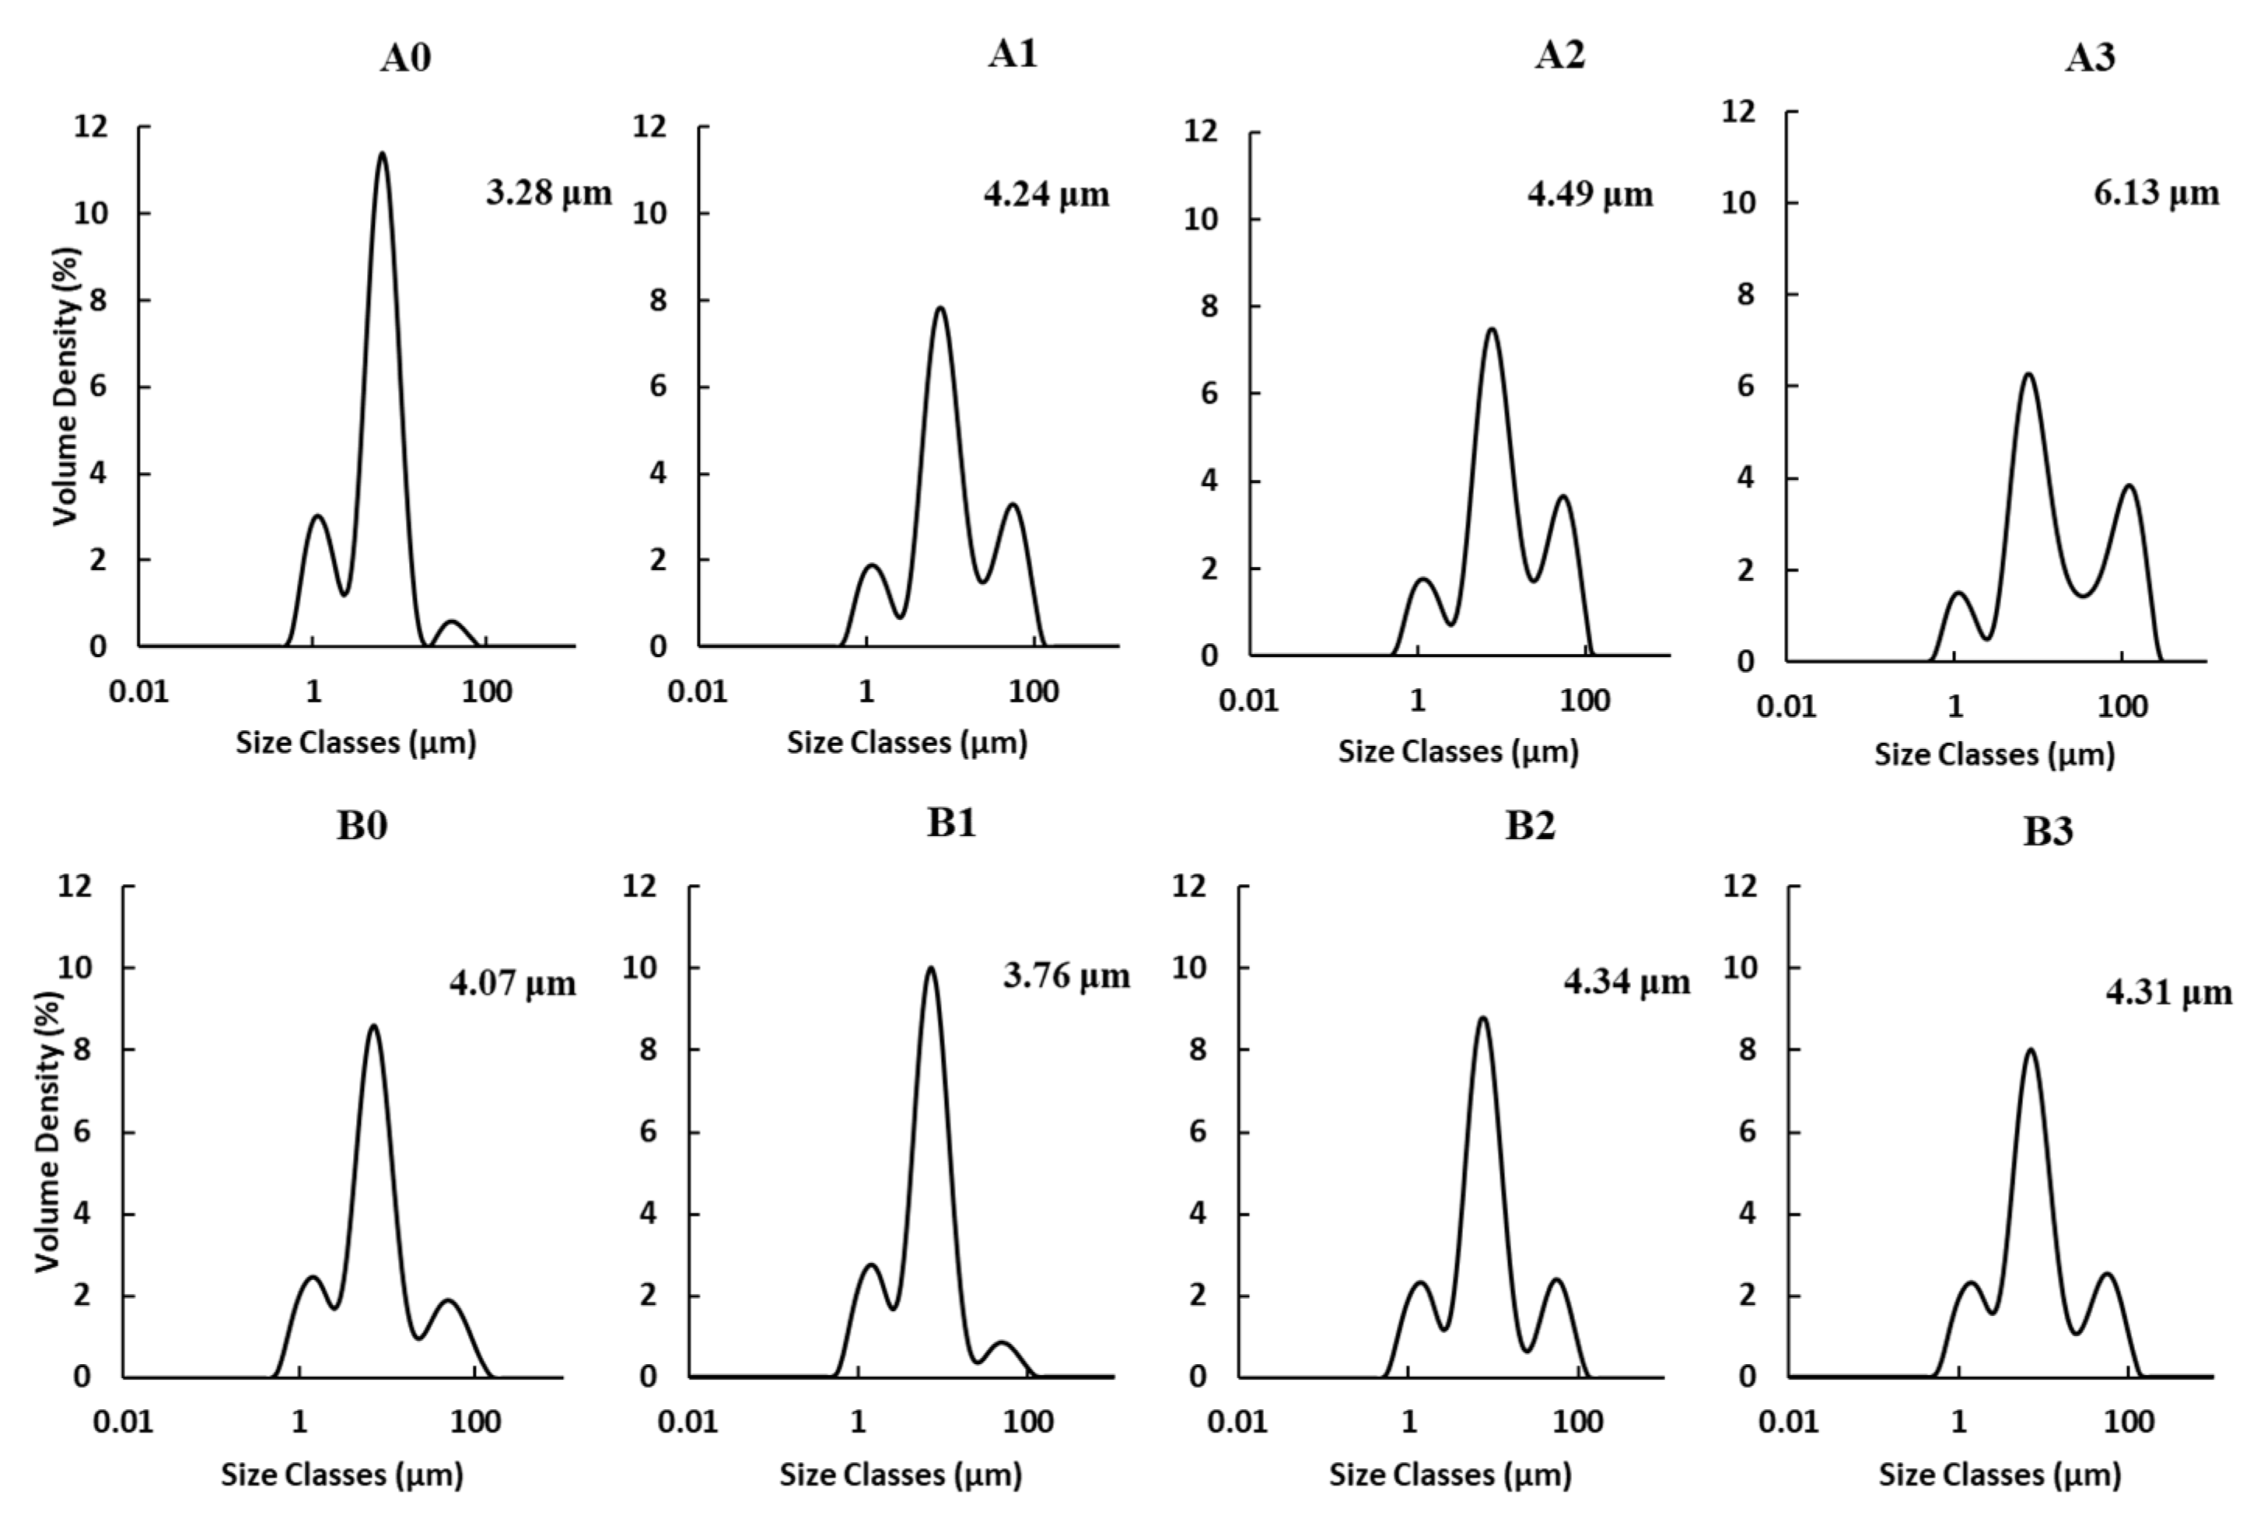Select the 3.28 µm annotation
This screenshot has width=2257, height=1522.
[x=548, y=192]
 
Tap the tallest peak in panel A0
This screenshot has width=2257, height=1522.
[x=383, y=156]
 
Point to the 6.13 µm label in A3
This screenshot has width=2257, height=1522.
[x=2155, y=192]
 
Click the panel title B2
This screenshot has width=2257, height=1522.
[x=1530, y=825]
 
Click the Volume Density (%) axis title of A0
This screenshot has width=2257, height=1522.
[x=66, y=387]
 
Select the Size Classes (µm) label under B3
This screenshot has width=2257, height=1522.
[x=2000, y=1475]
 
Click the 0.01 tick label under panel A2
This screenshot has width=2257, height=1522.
[x=1249, y=700]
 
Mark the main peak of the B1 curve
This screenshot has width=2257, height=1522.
[x=931, y=969]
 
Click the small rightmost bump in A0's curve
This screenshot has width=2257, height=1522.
[x=451, y=622]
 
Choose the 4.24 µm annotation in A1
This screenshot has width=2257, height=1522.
[x=1045, y=194]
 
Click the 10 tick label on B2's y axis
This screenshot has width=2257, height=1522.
[x=1189, y=967]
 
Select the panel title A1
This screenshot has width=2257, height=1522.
[x=1013, y=54]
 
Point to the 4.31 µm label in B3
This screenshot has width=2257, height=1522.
[x=2168, y=992]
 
